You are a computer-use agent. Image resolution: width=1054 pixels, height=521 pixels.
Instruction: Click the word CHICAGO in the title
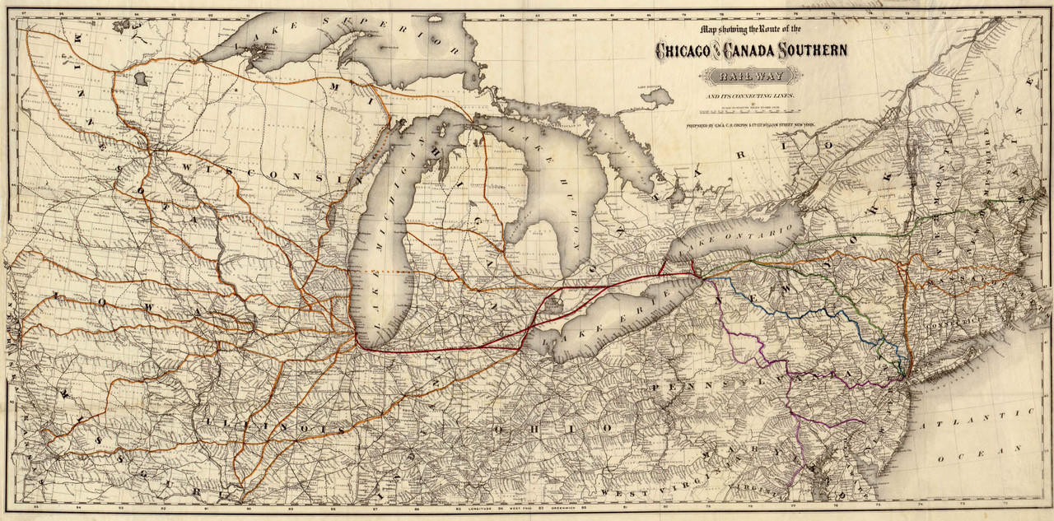click(683, 51)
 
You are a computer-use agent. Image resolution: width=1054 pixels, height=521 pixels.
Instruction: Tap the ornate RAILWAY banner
click(750, 77)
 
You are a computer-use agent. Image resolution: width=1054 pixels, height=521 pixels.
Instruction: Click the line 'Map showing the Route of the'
click(750, 29)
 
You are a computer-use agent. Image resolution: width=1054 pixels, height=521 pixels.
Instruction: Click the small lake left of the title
click(656, 97)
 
